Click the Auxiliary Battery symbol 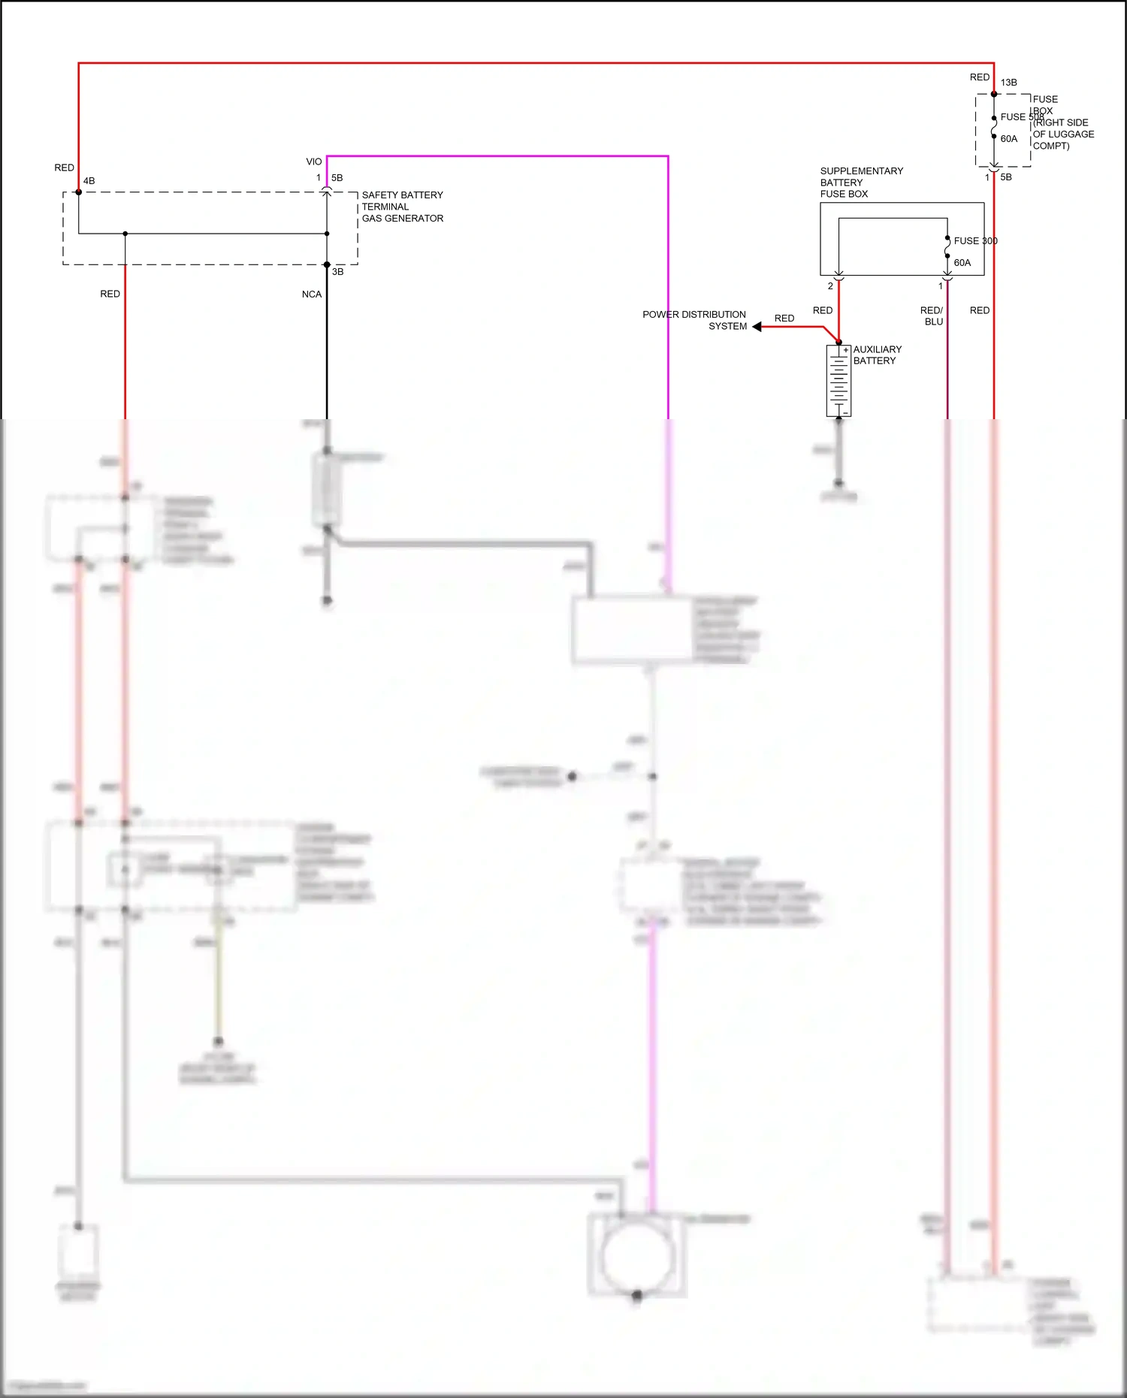(838, 380)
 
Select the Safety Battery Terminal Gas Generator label (402, 207)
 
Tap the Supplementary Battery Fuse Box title (861, 183)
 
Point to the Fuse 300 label (975, 241)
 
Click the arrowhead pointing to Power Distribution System (757, 327)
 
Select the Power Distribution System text (694, 320)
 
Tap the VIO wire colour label (314, 162)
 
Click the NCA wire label (312, 294)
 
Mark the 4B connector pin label (89, 181)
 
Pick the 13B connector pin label (1008, 83)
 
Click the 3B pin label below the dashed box (338, 272)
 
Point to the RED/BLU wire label (932, 316)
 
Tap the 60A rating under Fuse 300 (962, 263)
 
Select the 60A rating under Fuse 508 (1009, 139)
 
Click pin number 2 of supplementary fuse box (830, 286)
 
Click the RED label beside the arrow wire (784, 319)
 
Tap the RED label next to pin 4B (65, 168)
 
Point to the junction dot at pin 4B (79, 192)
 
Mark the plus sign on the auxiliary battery (845, 350)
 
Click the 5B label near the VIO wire (337, 178)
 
